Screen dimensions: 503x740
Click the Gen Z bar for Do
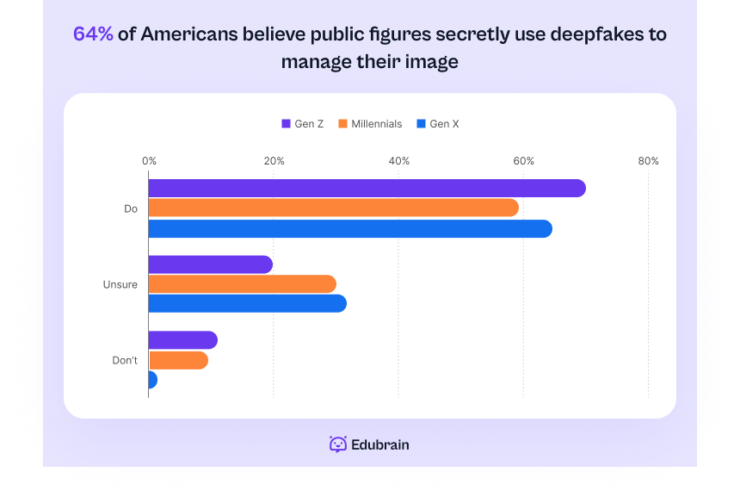point(367,189)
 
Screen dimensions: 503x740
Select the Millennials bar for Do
point(333,208)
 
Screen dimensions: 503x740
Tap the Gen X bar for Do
point(350,229)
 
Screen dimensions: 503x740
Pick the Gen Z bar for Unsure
point(211,264)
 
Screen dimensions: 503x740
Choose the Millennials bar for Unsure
point(242,284)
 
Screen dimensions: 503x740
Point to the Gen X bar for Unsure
point(247,304)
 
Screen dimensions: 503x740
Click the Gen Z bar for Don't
point(182,340)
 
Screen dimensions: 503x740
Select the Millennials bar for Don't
point(178,360)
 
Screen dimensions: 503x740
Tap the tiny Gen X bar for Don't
point(152,380)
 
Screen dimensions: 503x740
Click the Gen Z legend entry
point(302,124)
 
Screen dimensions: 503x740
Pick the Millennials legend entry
point(370,124)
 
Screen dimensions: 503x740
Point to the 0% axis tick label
point(149,161)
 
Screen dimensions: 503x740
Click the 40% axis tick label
point(398,161)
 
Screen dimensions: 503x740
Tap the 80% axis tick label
point(648,161)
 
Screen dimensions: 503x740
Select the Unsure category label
point(120,284)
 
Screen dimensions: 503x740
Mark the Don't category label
point(125,360)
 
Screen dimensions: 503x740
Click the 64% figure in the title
point(93,34)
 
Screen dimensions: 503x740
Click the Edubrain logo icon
point(338,444)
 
